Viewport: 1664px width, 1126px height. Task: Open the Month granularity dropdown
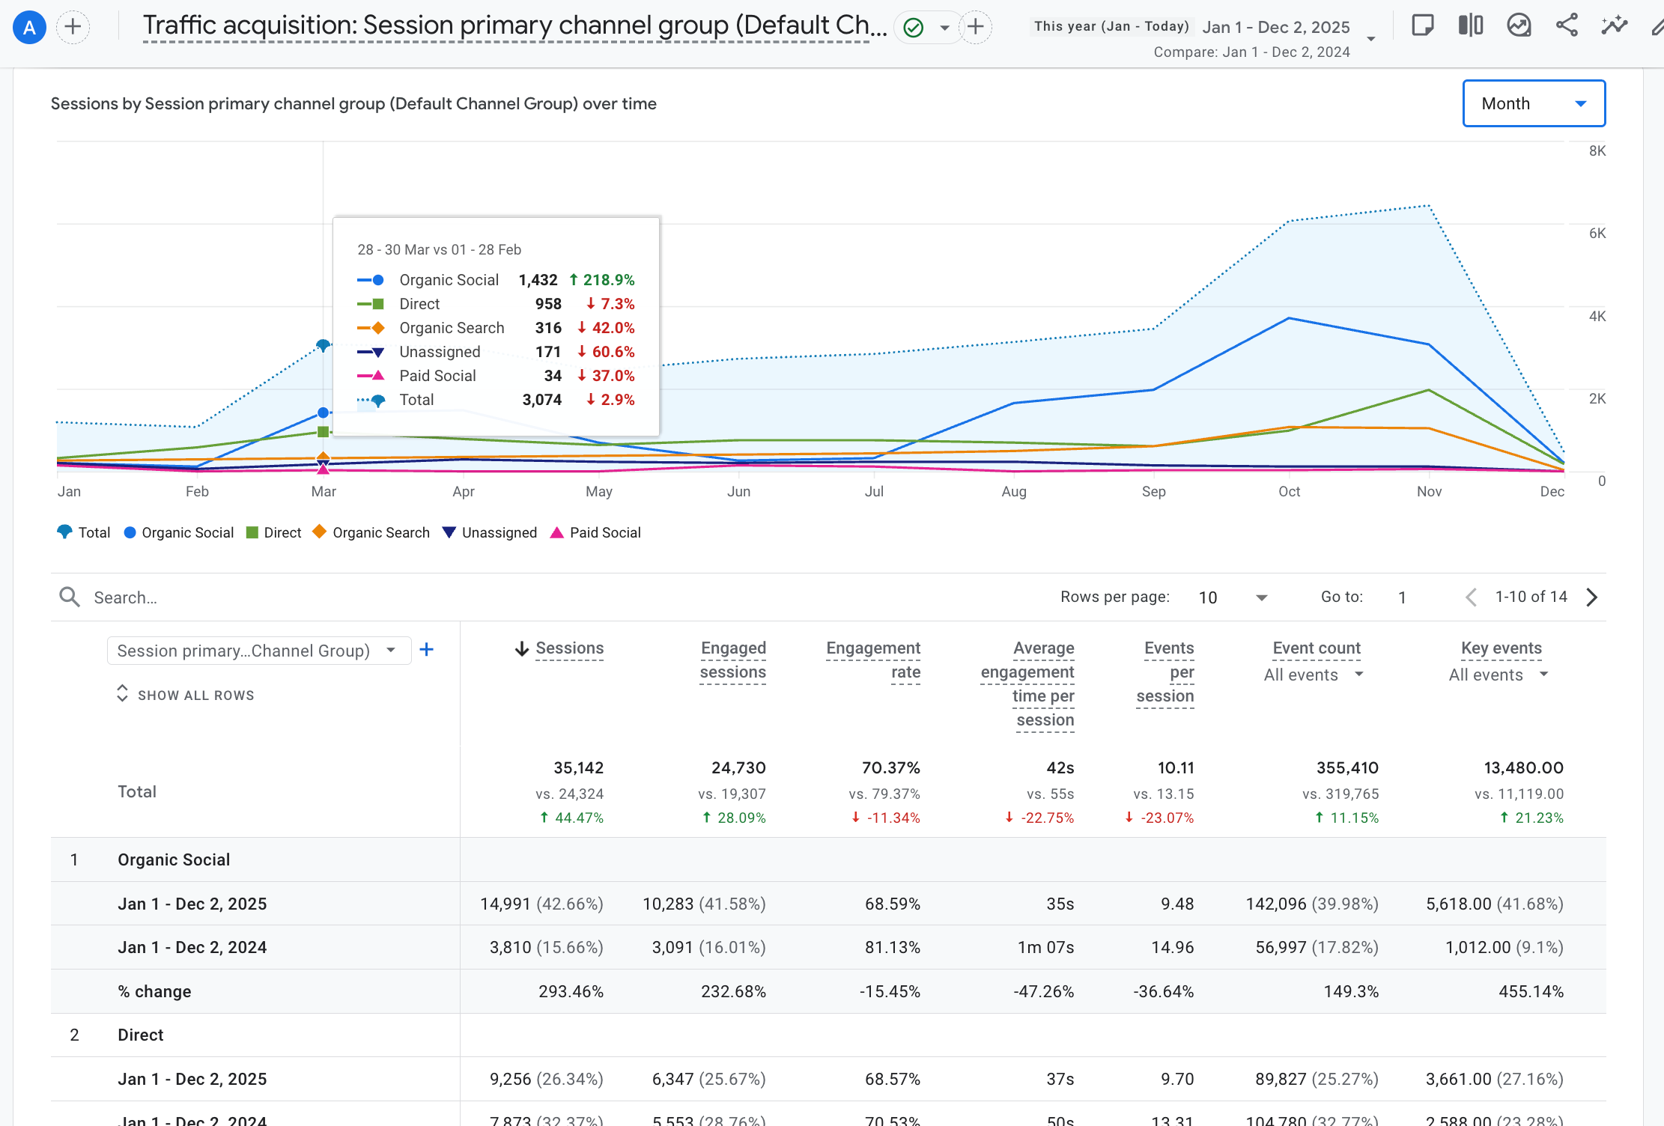[1534, 103]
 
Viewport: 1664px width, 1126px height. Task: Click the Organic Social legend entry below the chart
[179, 532]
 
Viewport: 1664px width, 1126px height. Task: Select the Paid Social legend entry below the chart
[596, 532]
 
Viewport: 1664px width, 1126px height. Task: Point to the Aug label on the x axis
[1014, 492]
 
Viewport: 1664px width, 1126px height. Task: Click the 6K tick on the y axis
[1597, 233]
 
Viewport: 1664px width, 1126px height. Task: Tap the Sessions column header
[569, 648]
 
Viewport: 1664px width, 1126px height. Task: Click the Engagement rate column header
[873, 660]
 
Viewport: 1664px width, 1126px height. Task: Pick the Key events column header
[1501, 648]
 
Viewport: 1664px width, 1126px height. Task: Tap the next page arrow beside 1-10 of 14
[1592, 597]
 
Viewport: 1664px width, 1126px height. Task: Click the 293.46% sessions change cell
[571, 991]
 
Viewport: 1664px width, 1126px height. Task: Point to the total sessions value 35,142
[578, 767]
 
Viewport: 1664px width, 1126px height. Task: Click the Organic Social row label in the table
[174, 859]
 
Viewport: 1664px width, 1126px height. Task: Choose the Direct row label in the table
[141, 1035]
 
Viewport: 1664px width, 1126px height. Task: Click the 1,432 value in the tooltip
[538, 280]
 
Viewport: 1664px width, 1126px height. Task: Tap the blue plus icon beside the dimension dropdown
[427, 650]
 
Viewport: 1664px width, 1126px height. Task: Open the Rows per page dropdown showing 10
[1233, 597]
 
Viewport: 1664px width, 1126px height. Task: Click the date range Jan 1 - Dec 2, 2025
[1276, 27]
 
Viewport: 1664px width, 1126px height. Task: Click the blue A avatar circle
[30, 28]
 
